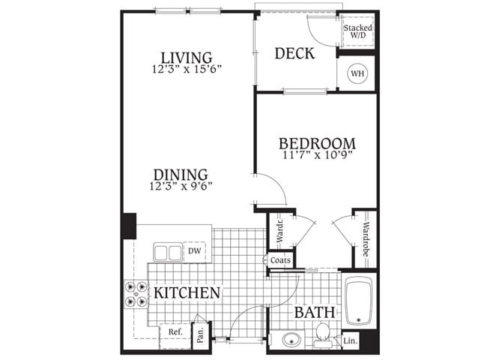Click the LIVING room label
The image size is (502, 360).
[187, 57]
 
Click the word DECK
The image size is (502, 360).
[294, 54]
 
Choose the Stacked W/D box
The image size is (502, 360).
[357, 32]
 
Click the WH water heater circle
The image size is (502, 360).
[357, 74]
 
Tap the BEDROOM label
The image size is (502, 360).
[317, 144]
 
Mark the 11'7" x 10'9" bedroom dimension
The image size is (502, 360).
[317, 156]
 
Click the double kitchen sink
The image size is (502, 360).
[168, 253]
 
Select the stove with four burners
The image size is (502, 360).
[136, 293]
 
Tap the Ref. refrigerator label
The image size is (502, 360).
[175, 331]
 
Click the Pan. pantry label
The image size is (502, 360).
[201, 335]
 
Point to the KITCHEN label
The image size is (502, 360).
[187, 292]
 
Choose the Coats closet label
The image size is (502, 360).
[280, 259]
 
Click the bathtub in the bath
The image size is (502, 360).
[358, 301]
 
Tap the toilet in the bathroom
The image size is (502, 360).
[324, 331]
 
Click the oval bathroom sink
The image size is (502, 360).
[288, 340]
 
